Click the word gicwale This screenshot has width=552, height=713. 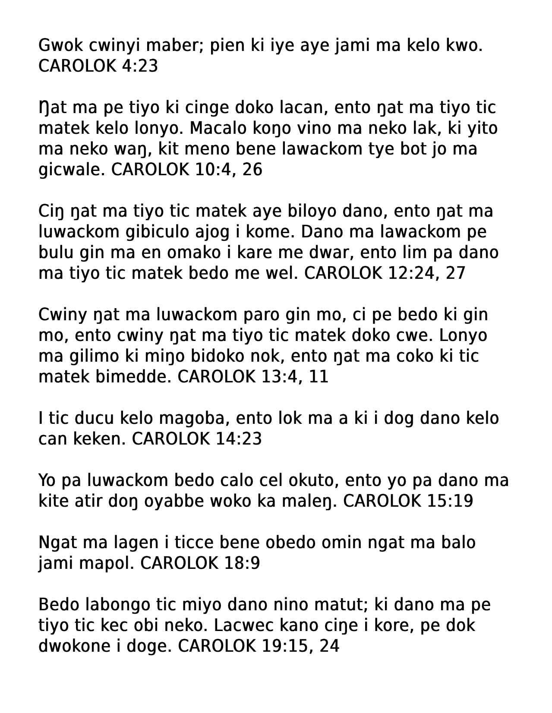pyautogui.click(x=72, y=170)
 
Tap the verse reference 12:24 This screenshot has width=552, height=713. pyautogui.click(x=413, y=273)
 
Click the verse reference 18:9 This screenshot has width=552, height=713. pyautogui.click(x=241, y=563)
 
